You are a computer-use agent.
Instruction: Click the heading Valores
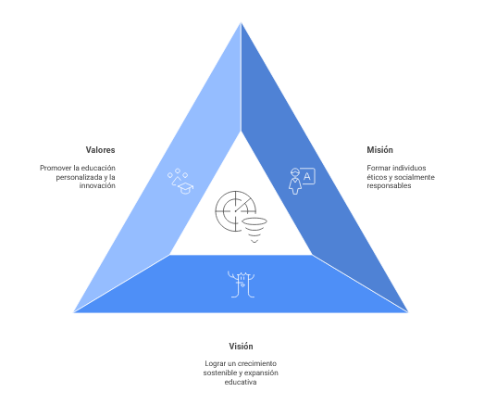(x=100, y=150)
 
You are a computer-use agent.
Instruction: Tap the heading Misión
(x=379, y=150)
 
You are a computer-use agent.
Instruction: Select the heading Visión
(x=241, y=347)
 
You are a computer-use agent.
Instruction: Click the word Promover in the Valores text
(x=56, y=168)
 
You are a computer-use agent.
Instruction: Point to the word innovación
(x=97, y=185)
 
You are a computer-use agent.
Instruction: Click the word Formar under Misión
(x=378, y=168)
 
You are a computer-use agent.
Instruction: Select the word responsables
(x=389, y=185)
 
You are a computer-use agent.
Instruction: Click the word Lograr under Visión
(x=215, y=363)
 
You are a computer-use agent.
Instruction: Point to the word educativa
(x=241, y=382)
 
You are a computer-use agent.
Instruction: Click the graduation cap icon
(x=185, y=188)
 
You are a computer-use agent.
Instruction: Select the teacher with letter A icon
(x=302, y=181)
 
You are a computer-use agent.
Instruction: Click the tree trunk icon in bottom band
(x=241, y=284)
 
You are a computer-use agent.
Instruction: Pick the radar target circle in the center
(x=236, y=211)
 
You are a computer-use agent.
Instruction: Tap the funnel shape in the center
(x=254, y=230)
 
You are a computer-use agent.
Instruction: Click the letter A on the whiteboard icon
(x=307, y=176)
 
